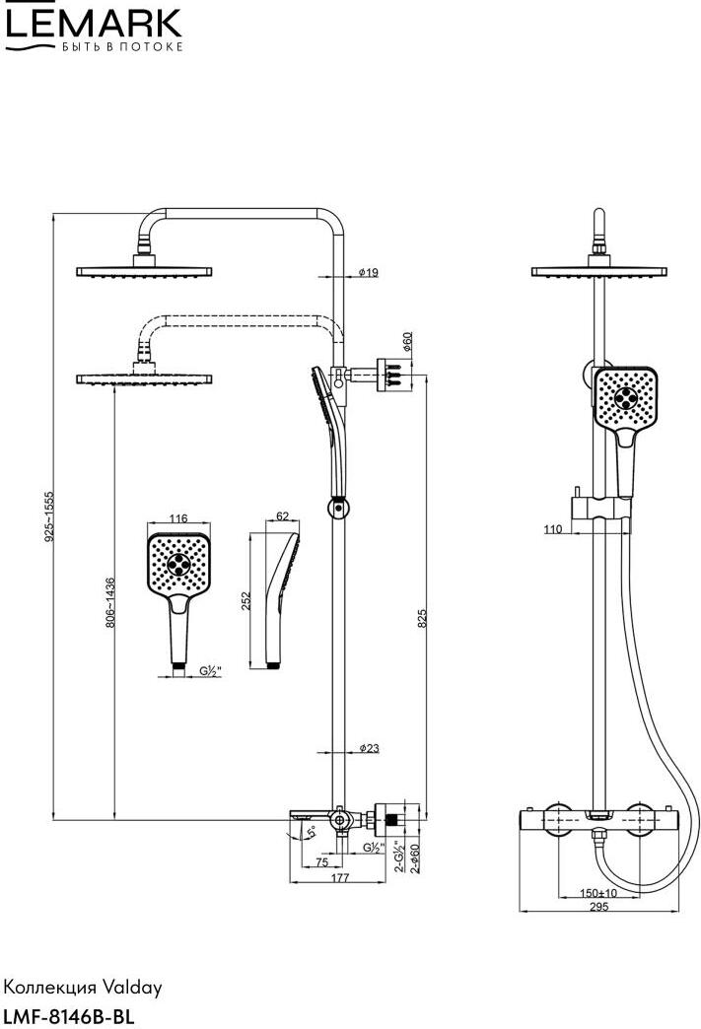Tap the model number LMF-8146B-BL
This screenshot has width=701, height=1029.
coord(68,1014)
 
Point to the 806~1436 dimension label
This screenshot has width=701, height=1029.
coord(110,602)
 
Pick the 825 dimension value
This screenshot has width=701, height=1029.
coord(421,617)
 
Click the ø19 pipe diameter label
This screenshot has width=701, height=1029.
coord(367,273)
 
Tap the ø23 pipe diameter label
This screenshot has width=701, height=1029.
coord(367,749)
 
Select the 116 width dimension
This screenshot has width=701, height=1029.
coord(178,518)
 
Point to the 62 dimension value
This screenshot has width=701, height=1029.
coord(281,515)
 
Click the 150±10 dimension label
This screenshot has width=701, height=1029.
coord(598,893)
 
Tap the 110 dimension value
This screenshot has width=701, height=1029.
coord(552,529)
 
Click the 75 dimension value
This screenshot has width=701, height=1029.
coord(321,861)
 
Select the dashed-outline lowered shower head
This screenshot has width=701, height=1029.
coord(146,377)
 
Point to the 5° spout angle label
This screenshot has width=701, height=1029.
coord(312,833)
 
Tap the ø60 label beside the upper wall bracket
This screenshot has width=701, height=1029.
coord(407,342)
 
